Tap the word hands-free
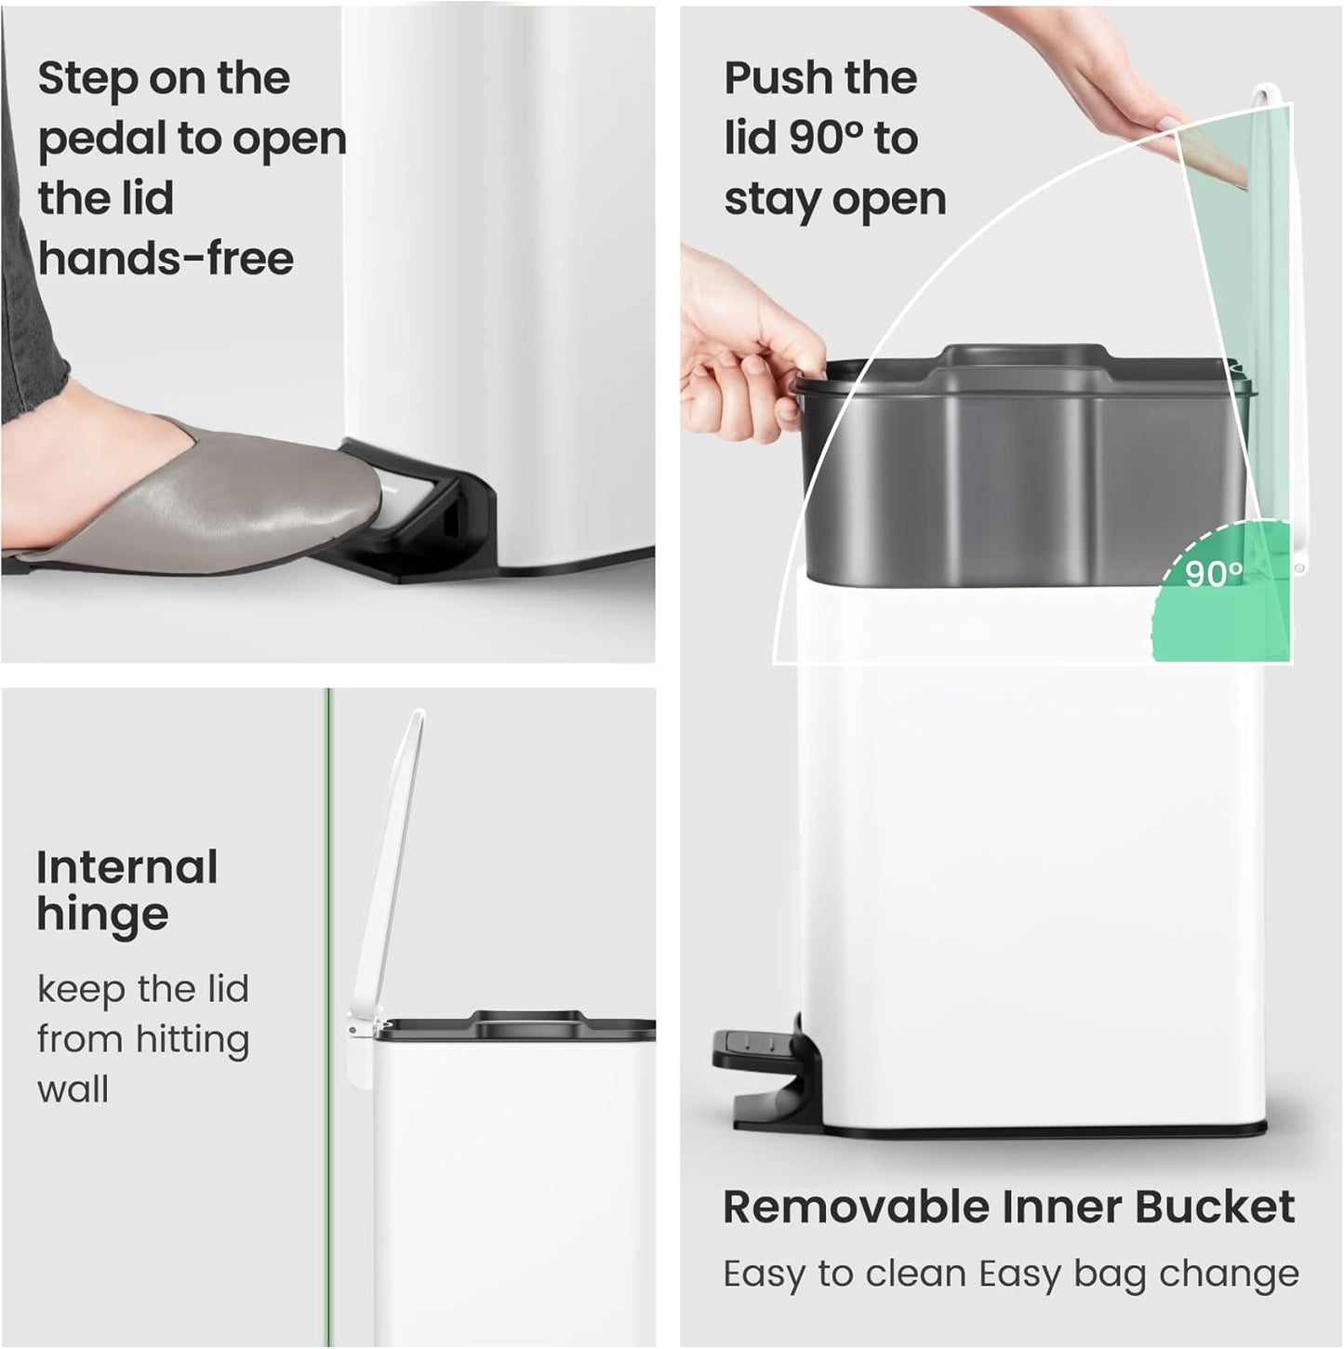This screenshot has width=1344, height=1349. click(x=166, y=259)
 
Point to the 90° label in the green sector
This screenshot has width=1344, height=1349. click(x=1214, y=574)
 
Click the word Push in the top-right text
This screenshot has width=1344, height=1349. click(x=779, y=78)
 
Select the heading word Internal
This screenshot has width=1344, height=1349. click(x=127, y=868)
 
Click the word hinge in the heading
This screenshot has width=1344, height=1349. click(x=102, y=915)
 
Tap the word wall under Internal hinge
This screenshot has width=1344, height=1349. click(x=73, y=1089)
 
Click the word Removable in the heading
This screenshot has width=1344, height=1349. click(x=856, y=1208)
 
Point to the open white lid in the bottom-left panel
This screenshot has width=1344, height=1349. click(x=391, y=865)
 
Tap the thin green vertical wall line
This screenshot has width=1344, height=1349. click(x=326, y=930)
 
